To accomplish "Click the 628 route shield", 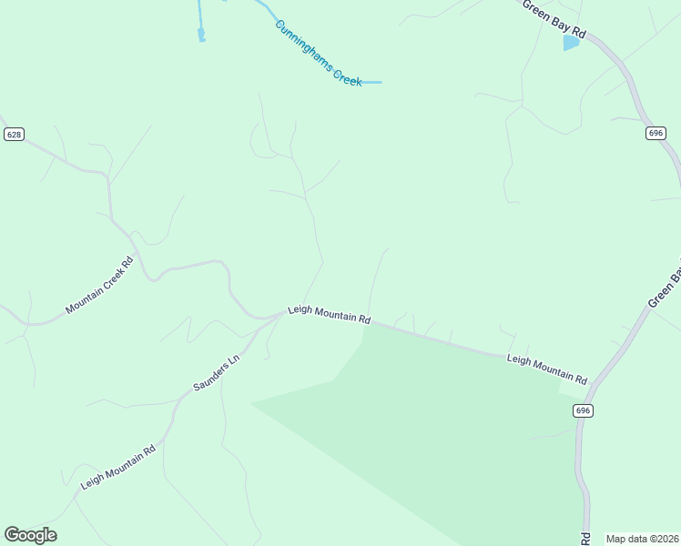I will [14, 134].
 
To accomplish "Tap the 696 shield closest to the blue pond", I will [656, 133].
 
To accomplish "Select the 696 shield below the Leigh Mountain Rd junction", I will [584, 410].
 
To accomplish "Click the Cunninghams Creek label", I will [319, 54].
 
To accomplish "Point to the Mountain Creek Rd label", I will [99, 286].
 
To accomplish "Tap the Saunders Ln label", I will [216, 372].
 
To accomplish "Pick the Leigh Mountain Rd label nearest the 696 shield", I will [546, 368].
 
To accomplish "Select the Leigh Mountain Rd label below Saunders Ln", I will [117, 467].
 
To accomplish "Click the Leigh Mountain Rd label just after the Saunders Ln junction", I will [329, 315].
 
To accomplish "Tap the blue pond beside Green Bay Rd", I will [571, 43].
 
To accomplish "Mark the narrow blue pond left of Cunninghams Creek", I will [201, 35].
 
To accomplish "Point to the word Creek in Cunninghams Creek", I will [347, 76].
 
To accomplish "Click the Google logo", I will [30, 535].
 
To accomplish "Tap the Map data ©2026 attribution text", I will [641, 538].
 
